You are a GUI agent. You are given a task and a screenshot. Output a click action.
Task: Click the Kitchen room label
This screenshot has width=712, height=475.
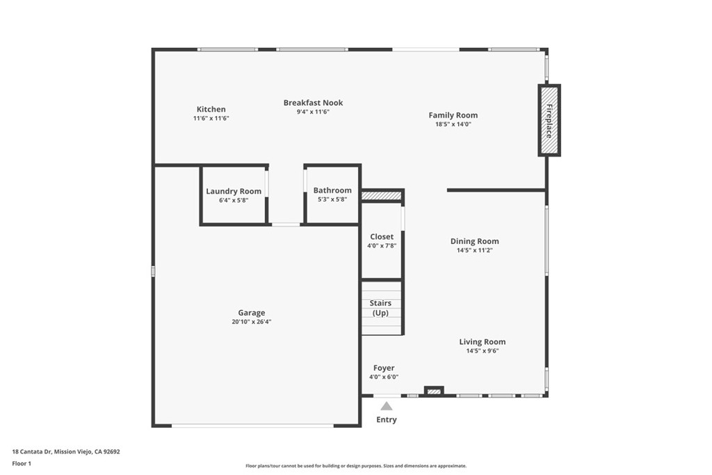(211, 109)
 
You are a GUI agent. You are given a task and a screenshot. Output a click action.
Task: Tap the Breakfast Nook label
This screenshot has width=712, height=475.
(313, 103)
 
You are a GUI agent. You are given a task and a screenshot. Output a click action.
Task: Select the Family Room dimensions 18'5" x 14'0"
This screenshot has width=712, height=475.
(453, 124)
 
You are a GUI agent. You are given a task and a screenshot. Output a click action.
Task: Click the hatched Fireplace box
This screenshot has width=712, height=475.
(549, 120)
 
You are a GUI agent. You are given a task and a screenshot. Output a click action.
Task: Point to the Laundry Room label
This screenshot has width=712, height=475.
(234, 191)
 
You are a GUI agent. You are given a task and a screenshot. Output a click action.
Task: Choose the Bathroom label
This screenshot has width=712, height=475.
(332, 191)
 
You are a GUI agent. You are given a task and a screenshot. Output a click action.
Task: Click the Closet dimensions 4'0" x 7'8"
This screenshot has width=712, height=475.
(382, 245)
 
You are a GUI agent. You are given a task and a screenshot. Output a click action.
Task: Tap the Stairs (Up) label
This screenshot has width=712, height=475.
(380, 308)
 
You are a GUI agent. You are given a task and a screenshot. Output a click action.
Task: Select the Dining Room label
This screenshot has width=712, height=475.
(474, 241)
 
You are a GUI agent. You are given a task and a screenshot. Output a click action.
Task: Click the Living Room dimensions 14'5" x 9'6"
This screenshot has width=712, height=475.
(482, 351)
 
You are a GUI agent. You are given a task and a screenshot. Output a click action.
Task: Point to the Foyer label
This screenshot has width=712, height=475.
(384, 368)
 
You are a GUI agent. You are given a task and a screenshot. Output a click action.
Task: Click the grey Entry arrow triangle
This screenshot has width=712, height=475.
(386, 406)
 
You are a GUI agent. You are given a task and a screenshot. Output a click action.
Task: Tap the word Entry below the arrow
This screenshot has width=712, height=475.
(387, 419)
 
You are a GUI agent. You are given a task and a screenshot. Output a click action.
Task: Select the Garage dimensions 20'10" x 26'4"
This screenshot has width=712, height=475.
(251, 322)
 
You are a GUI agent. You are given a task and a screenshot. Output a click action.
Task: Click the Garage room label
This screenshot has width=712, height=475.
(251, 313)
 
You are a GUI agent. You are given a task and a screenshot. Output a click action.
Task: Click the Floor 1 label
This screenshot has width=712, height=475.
(22, 462)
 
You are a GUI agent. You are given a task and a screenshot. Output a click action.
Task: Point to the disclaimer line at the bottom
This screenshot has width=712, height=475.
(356, 466)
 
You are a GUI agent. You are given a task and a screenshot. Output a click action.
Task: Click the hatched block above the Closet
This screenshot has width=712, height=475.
(382, 196)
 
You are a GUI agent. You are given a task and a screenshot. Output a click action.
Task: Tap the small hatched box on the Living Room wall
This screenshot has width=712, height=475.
(434, 392)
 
